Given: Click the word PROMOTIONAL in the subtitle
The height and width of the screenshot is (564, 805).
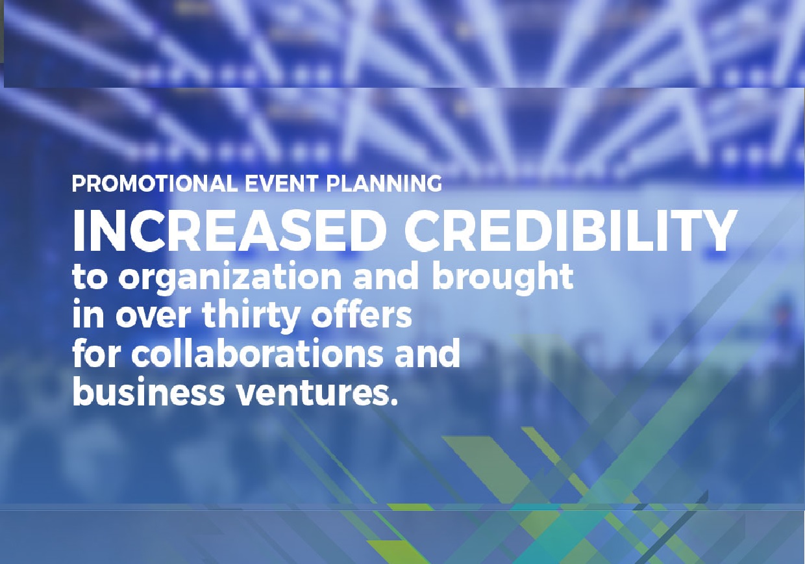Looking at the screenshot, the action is click(155, 183).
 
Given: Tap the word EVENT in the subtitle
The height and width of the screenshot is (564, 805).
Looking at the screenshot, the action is click(281, 183).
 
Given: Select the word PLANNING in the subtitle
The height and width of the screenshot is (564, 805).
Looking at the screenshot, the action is click(384, 183).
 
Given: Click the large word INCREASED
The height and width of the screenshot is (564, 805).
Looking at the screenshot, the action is click(230, 231).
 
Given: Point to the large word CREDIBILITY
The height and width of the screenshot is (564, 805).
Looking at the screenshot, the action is click(571, 231).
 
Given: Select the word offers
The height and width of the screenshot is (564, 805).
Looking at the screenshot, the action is click(361, 314).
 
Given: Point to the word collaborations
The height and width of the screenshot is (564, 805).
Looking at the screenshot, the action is click(257, 353).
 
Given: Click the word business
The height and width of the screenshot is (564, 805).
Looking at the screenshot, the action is click(149, 392).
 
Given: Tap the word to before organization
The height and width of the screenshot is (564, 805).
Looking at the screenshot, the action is click(90, 277).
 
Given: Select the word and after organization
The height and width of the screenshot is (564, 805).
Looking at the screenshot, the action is click(387, 276).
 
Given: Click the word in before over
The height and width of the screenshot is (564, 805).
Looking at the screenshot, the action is click(88, 314).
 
